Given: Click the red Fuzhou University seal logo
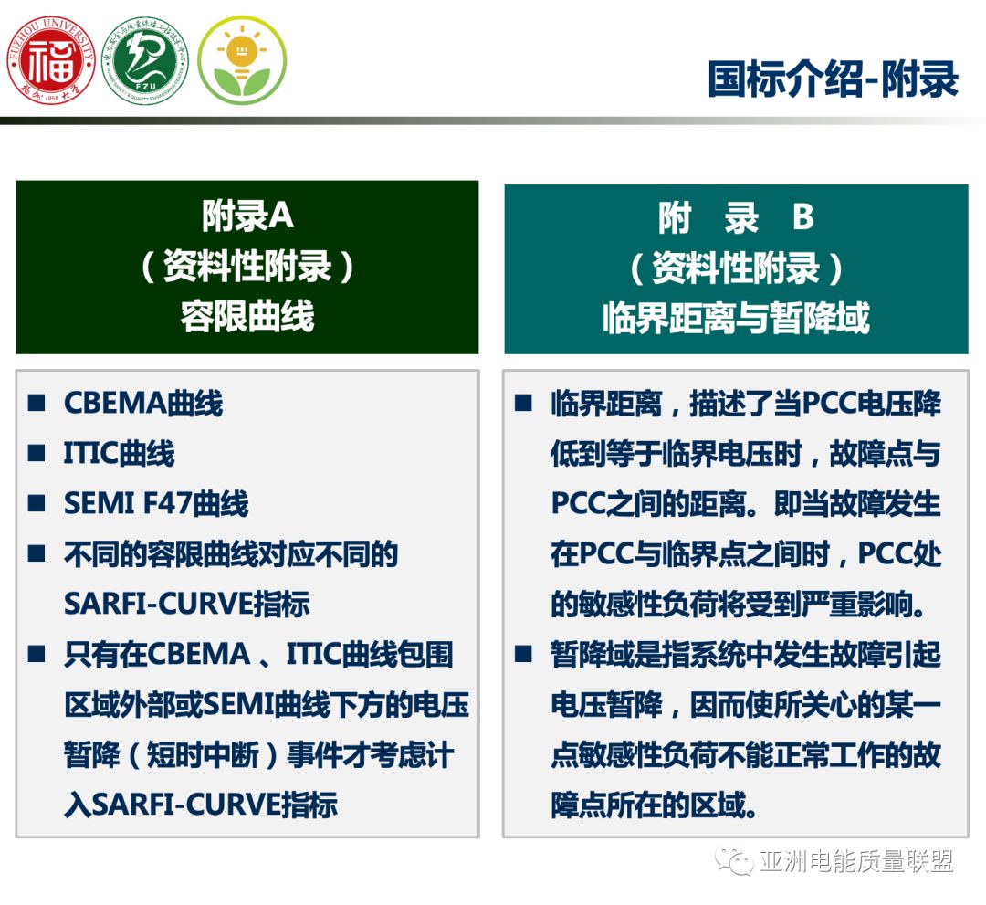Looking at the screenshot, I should [x=51, y=60].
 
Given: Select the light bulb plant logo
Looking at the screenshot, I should [x=242, y=60].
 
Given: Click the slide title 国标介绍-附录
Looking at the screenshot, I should [x=833, y=79].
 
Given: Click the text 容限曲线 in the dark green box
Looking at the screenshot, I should [x=246, y=316].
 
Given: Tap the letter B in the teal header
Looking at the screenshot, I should [x=802, y=219].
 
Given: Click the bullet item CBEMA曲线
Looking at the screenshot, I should [x=143, y=404].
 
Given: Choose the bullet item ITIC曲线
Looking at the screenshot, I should [x=119, y=454].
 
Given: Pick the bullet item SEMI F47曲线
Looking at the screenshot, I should [x=156, y=504].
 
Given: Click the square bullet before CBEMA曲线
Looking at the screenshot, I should [x=37, y=404].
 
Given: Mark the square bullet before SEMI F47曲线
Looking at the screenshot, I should [x=37, y=504].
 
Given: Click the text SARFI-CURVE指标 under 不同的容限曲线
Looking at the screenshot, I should [x=186, y=604].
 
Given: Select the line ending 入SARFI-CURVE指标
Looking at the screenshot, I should [x=201, y=805].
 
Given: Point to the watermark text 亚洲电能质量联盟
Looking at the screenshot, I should [x=855, y=861].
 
